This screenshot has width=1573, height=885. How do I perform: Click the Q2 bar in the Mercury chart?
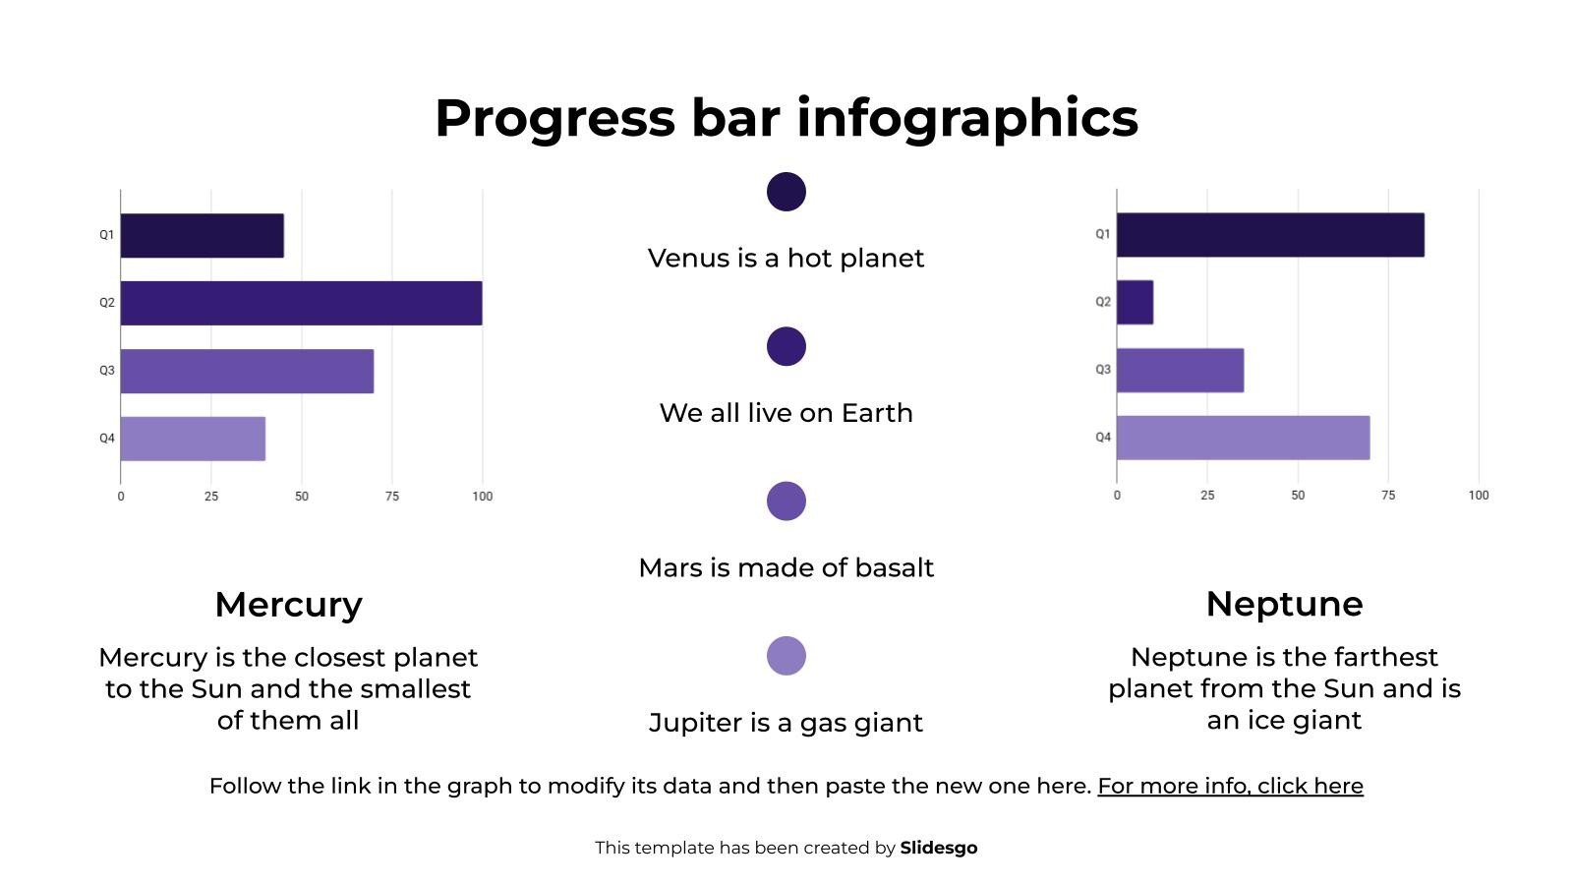(301, 303)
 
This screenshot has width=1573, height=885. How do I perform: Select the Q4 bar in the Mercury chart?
(193, 439)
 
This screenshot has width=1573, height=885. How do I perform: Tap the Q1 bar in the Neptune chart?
(1270, 235)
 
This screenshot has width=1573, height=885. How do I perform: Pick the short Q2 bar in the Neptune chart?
(1135, 302)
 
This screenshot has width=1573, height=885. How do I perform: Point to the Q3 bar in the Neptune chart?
(1180, 371)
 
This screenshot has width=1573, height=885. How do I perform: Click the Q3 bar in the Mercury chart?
(247, 371)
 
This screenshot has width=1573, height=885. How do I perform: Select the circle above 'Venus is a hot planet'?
(786, 192)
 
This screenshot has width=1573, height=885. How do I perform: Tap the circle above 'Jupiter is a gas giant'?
(786, 656)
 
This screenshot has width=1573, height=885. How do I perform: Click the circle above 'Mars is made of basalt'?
(786, 501)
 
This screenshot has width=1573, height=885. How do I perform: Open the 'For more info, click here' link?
(1230, 786)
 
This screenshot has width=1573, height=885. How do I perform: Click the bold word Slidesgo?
(939, 848)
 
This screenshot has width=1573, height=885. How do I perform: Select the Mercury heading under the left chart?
(288, 604)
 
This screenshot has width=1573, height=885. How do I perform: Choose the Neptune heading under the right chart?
(1284, 604)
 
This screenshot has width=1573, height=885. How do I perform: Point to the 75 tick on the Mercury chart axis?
(392, 497)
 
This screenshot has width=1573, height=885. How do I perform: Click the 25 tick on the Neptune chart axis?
(1207, 496)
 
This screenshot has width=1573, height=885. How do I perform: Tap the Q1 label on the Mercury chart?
(106, 235)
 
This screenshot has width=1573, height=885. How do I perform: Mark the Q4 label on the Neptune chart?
(1103, 438)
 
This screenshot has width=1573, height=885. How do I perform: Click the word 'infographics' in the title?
(967, 118)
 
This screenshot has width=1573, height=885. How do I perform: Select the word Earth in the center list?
(877, 413)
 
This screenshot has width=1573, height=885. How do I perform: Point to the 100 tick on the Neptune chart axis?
(1479, 496)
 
